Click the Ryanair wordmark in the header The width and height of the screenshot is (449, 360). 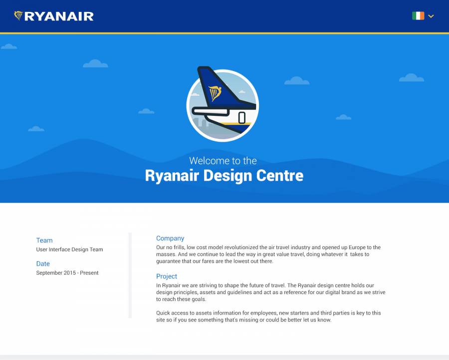[x=59, y=16]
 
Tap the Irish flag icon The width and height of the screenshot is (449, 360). [x=418, y=16]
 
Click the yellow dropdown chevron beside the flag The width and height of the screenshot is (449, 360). [x=431, y=16]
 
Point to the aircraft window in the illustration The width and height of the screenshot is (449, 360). [x=242, y=117]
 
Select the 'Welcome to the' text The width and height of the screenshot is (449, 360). [x=223, y=161]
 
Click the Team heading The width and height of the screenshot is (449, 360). [x=44, y=240]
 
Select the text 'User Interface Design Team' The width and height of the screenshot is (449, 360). [x=69, y=249]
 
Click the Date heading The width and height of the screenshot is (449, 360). [x=43, y=264]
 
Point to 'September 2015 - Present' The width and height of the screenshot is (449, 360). [x=67, y=273]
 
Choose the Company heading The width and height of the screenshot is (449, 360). [x=170, y=238]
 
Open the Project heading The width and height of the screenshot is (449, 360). [x=167, y=276]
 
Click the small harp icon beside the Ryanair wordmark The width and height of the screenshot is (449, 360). [x=18, y=15]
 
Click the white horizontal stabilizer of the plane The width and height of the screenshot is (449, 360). [x=211, y=111]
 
